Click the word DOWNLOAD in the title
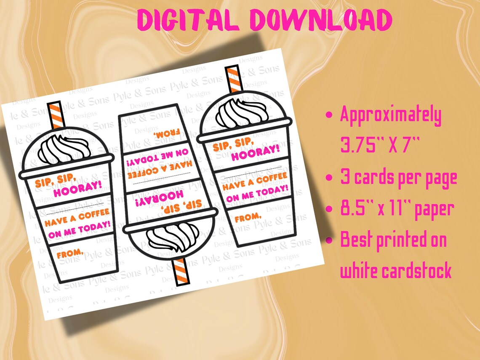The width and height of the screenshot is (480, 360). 320,20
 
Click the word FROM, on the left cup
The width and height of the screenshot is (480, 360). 70,254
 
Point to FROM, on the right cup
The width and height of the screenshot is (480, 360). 248,217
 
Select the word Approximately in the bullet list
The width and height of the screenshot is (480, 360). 390,115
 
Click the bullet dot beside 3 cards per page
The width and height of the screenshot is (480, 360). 331,178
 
